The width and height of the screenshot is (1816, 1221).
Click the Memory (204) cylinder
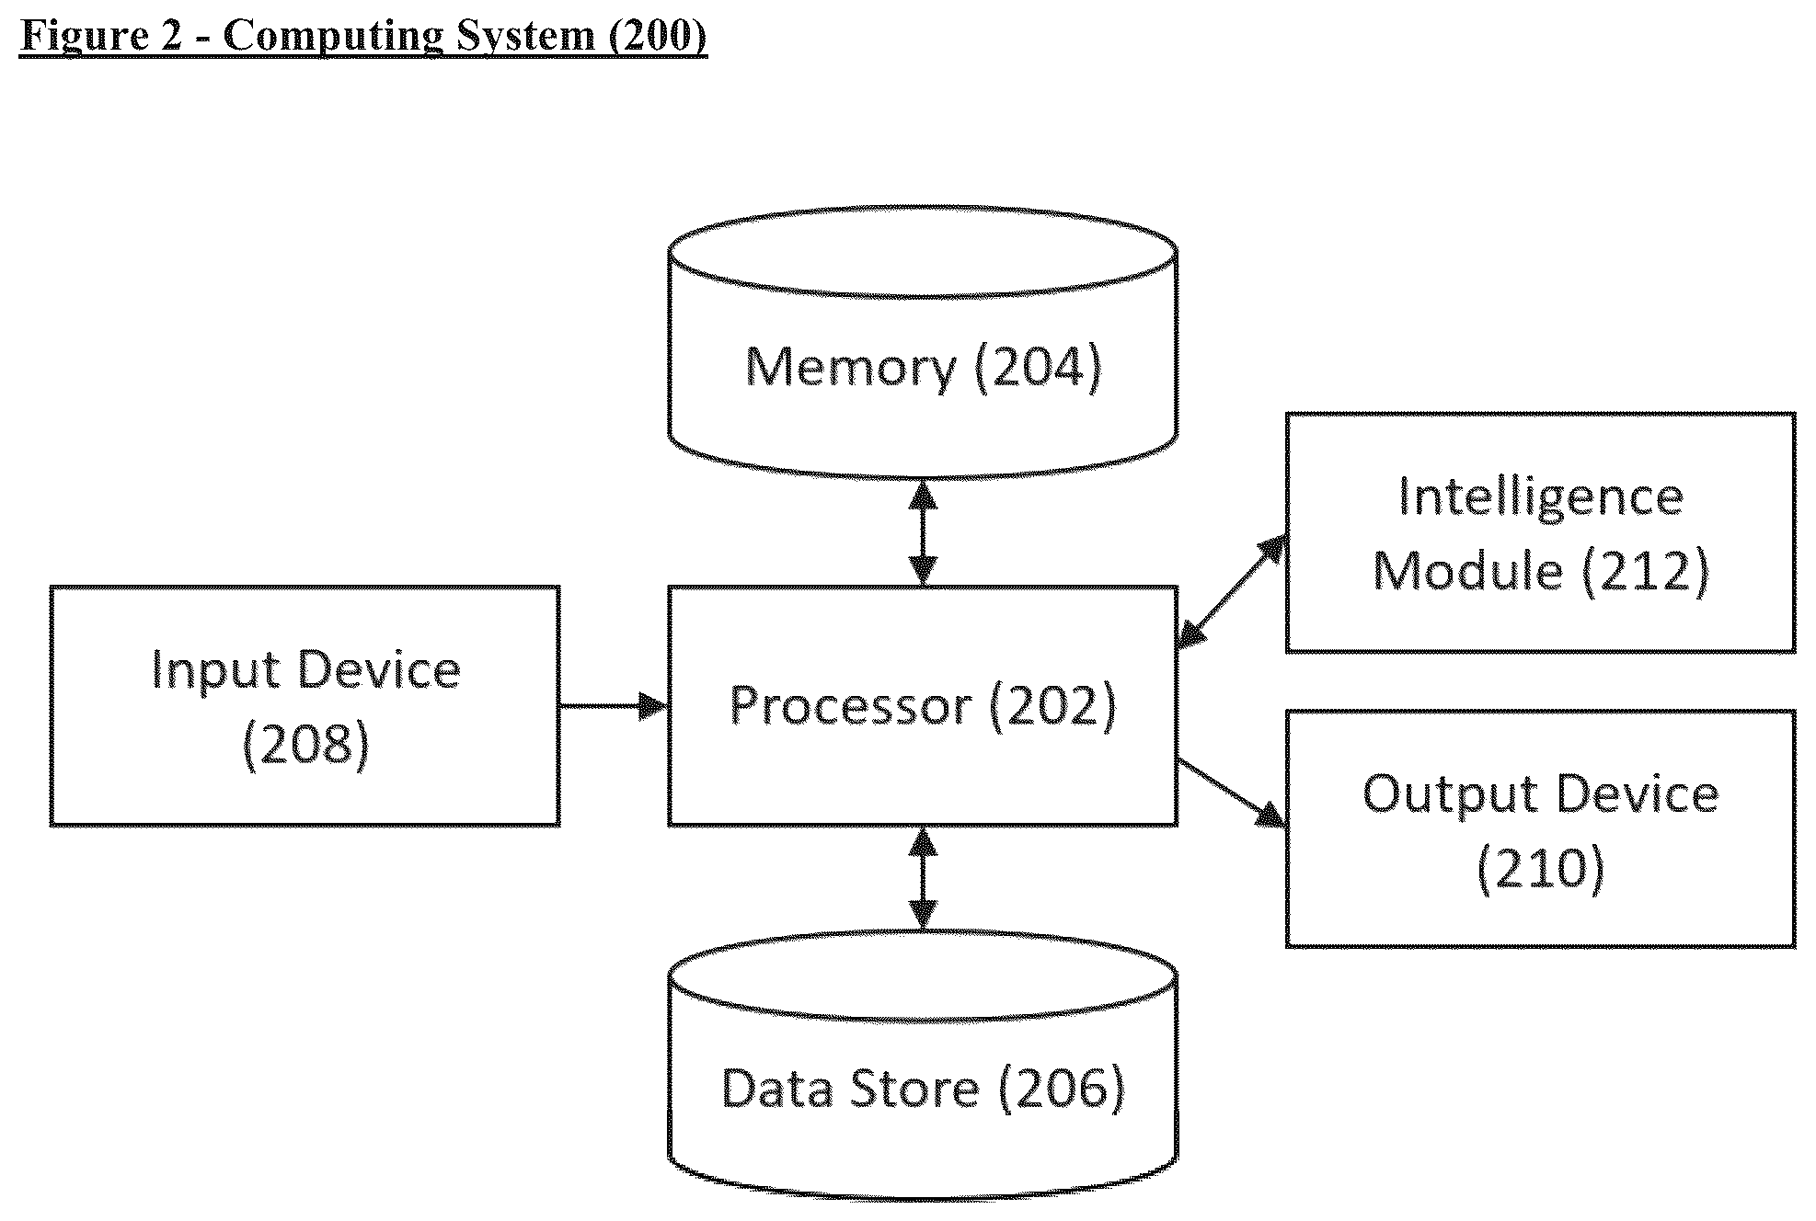point(922,342)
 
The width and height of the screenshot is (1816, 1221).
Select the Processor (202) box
point(922,705)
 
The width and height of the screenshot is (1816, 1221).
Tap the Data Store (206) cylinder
point(922,1067)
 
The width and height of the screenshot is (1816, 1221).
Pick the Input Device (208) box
point(305,705)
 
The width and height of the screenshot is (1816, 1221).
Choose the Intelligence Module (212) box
point(1540,532)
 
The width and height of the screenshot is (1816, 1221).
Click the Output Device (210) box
point(1540,827)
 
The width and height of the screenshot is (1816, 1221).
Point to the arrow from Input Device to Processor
point(614,706)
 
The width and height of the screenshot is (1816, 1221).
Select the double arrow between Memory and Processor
point(922,532)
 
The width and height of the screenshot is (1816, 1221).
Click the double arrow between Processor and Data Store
point(922,878)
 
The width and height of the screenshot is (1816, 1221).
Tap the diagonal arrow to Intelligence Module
point(1232,592)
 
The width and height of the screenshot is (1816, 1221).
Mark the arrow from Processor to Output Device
point(1232,793)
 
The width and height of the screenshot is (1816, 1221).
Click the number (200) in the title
point(656,36)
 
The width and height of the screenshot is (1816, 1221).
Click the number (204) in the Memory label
point(1038,367)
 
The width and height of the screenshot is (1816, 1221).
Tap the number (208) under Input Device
point(305,743)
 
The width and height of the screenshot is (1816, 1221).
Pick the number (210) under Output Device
point(1541,868)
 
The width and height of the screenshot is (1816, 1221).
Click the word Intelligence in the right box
point(1541,499)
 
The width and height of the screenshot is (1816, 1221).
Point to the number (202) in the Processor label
point(1052,706)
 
